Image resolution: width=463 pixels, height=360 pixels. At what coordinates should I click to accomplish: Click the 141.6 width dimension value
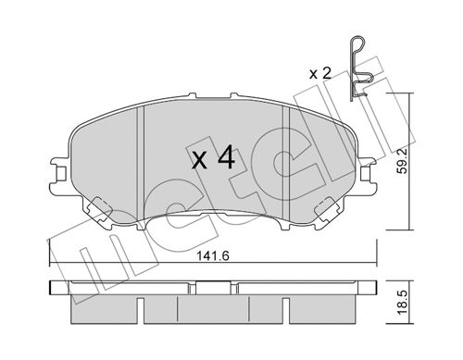point(213,256)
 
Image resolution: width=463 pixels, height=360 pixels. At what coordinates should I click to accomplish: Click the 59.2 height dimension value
point(402,166)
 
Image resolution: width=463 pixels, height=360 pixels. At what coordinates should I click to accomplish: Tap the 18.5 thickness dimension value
point(402,303)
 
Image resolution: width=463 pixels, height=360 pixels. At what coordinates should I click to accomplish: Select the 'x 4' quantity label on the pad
point(213,158)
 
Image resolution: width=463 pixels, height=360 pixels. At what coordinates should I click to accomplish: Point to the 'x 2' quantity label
point(320,74)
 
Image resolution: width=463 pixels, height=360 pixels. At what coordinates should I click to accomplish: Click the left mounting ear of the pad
point(60,176)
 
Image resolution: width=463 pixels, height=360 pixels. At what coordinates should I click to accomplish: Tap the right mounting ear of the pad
point(368,176)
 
